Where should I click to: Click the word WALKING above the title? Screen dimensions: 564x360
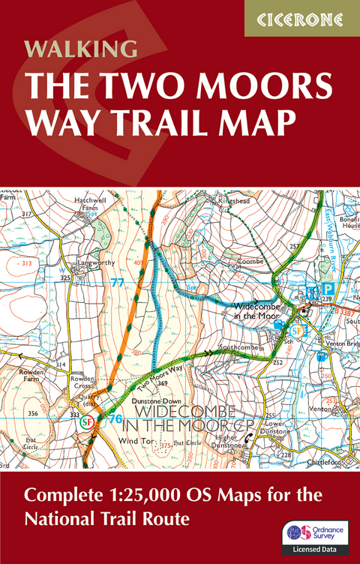[x=81, y=49]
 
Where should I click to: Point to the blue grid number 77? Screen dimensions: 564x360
[x=115, y=283]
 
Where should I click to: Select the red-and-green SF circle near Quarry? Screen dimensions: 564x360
[x=85, y=422]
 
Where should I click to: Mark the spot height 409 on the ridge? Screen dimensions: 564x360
[x=139, y=262]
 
